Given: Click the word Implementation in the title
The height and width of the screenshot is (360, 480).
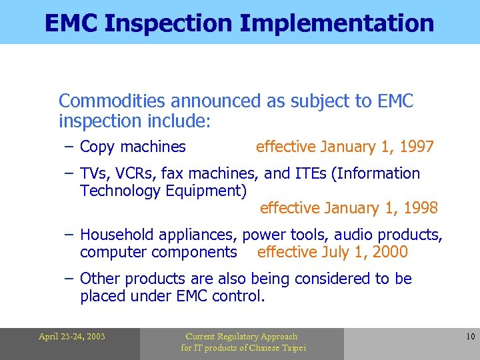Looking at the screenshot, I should coord(337,23).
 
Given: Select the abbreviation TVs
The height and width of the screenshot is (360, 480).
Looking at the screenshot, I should coord(93,173).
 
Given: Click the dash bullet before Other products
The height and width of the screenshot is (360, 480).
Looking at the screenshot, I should coord(69,279).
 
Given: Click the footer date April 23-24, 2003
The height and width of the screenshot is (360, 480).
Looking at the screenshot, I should coord(71,337).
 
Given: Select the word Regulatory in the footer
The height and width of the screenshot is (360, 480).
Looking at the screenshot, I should coord(241,337).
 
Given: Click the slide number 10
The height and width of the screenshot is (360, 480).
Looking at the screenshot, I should coord(470,337).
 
